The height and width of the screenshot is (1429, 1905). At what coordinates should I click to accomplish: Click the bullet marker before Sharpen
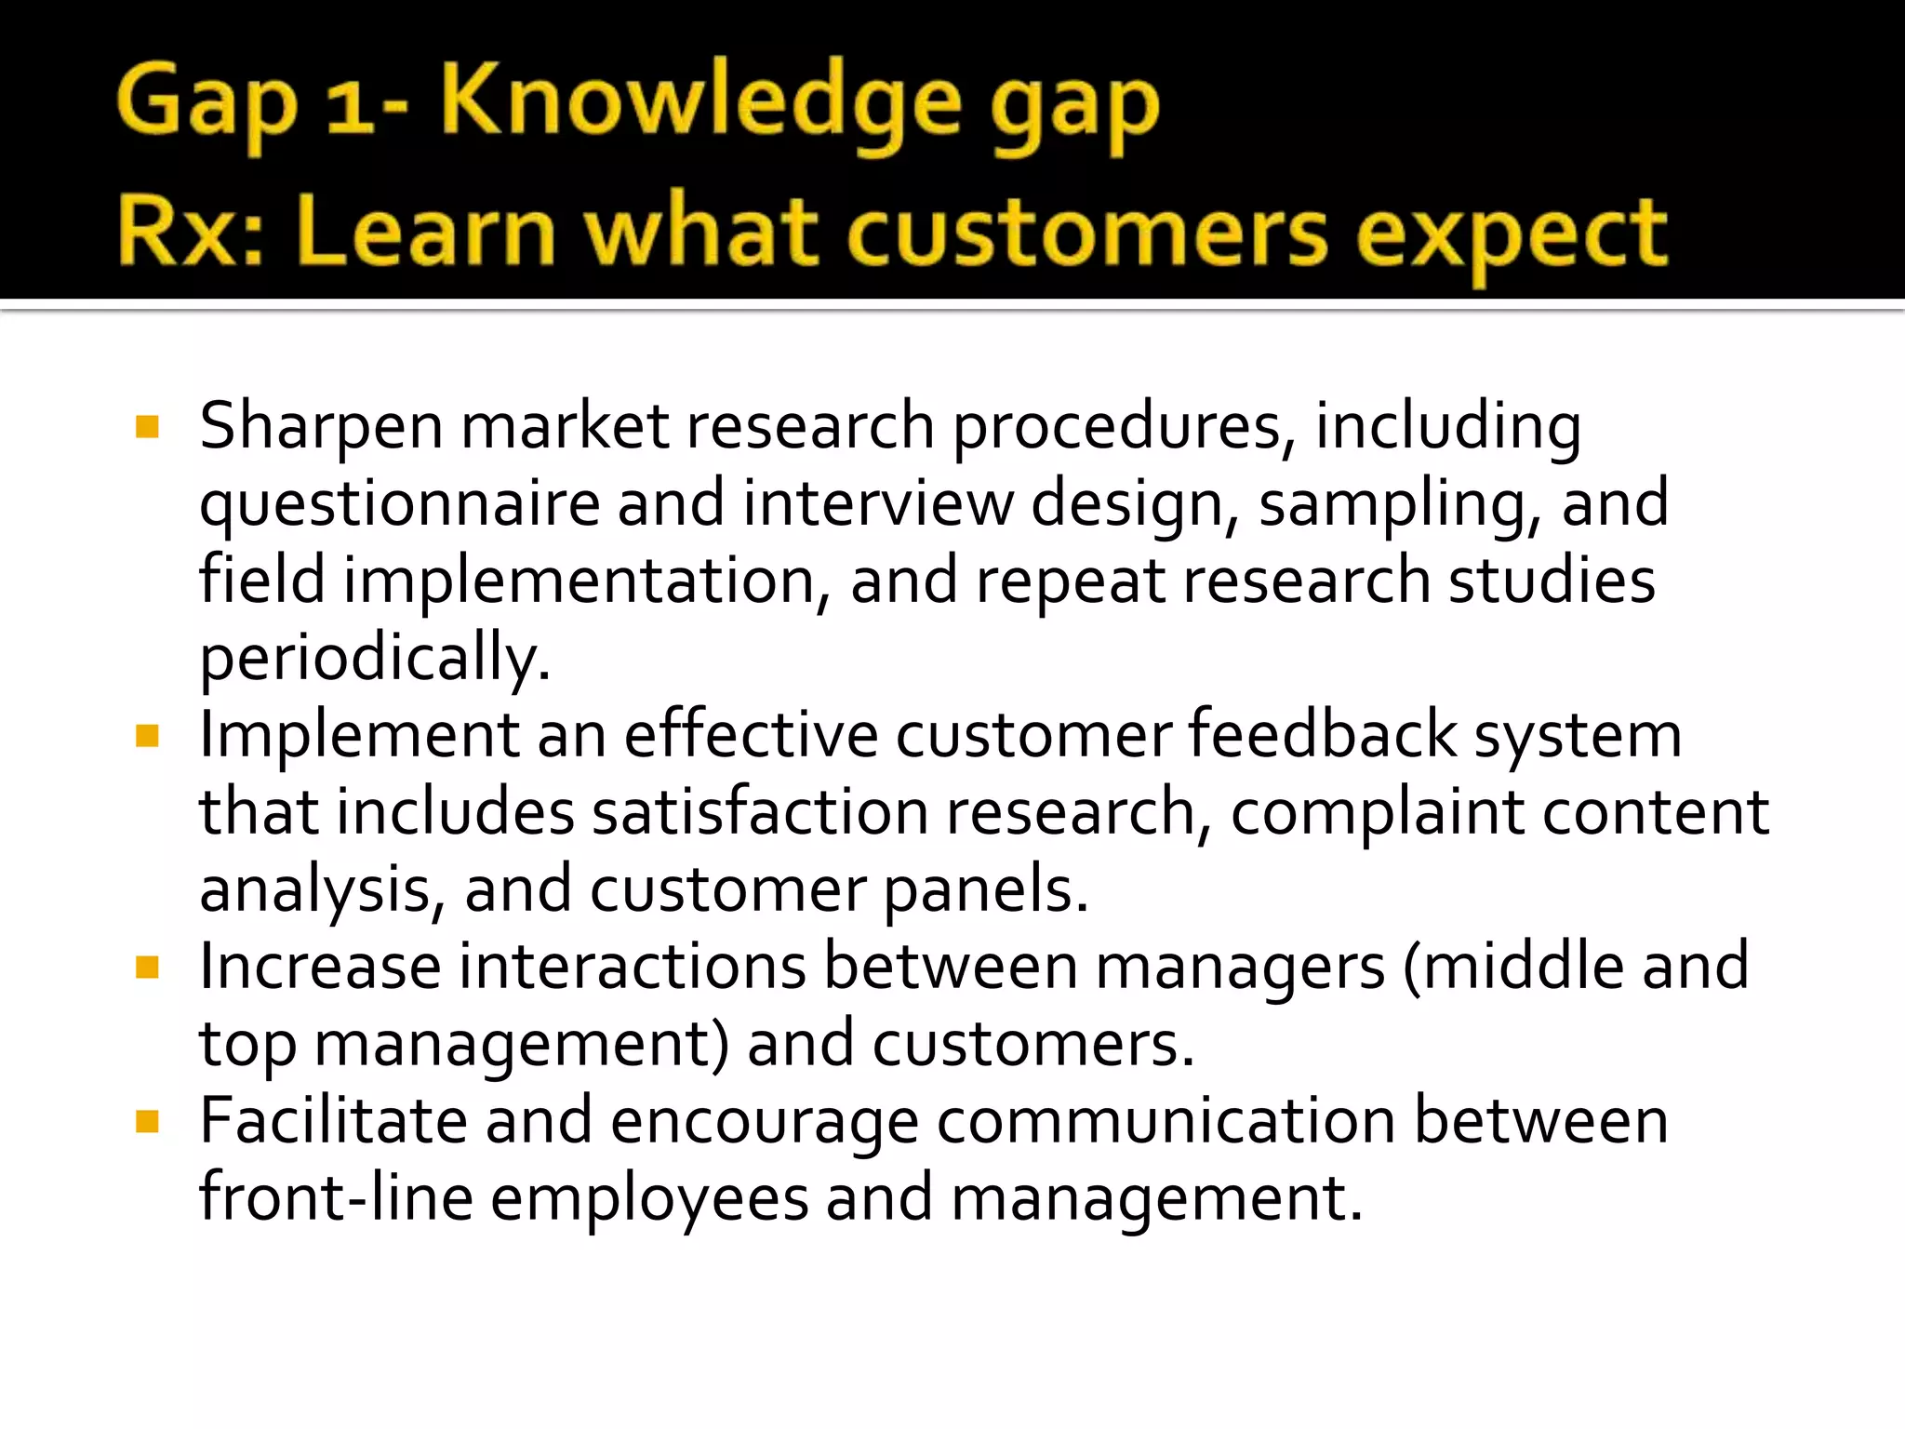click(x=147, y=427)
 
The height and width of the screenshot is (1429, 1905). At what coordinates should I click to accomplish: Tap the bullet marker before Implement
click(x=147, y=737)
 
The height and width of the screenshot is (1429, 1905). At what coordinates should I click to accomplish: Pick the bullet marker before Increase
click(x=147, y=968)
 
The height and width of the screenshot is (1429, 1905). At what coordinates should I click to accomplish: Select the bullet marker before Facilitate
click(x=147, y=1122)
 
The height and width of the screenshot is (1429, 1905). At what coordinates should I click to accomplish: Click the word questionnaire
click(x=399, y=504)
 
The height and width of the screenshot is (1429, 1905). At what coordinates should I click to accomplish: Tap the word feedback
click(x=1322, y=735)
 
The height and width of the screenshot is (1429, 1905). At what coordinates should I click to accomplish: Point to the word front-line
click(x=336, y=1198)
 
